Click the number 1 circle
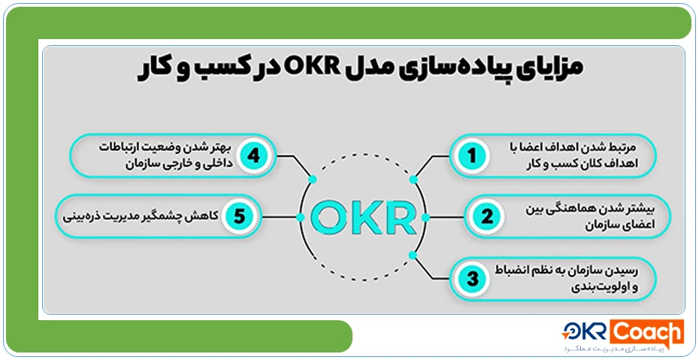coord(473,156)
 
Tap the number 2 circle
coord(486,217)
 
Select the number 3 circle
coord(473,279)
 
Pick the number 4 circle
coord(254,156)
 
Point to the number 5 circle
coord(240,217)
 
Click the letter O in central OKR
coord(328,217)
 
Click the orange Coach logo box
coord(646,331)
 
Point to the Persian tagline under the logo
coord(622,349)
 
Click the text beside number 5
coord(143,217)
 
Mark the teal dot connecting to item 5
coord(300,217)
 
